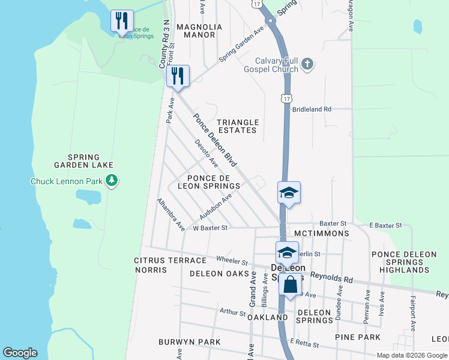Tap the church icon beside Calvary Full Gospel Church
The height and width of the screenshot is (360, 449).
coord(307,64)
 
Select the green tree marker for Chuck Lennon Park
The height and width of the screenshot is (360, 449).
coord(111,180)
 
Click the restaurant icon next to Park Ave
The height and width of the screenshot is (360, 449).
coord(178,76)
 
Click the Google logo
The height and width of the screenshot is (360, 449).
coord(20,353)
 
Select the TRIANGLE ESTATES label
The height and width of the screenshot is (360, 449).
coord(237,126)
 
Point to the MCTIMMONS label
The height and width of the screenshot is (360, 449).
coord(321,233)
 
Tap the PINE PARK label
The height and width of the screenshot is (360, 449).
coord(362,337)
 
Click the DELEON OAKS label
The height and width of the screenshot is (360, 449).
coord(219,274)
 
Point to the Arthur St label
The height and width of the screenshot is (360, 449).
coord(233,313)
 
